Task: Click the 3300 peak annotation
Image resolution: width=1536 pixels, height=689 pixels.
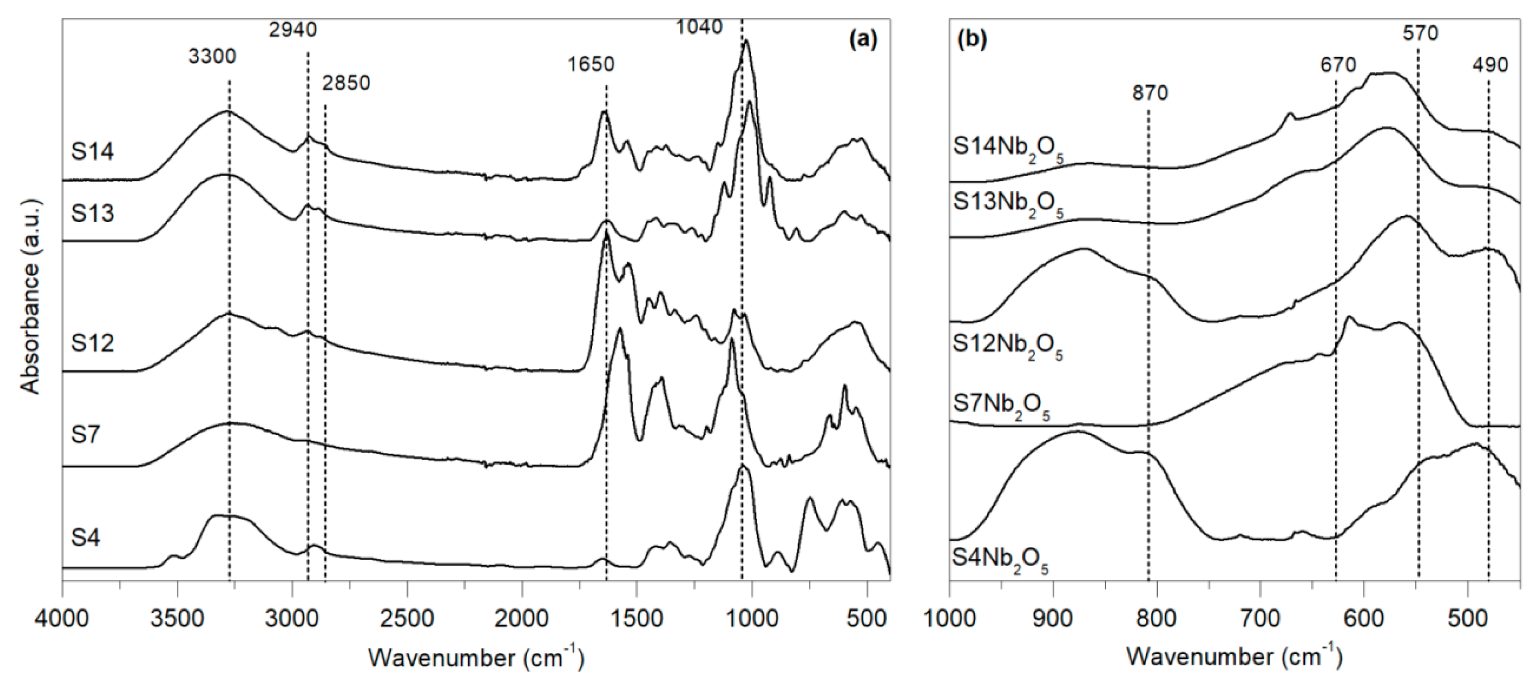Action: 212,57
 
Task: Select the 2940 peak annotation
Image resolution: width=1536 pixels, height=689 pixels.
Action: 292,29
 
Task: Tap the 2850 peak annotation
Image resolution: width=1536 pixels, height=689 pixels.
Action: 346,83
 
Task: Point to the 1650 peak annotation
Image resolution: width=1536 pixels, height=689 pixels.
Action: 590,64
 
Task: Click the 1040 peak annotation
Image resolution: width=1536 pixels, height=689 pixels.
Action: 699,27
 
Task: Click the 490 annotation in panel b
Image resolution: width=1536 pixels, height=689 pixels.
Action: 1489,64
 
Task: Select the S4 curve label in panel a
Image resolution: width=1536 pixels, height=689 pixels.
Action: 86,538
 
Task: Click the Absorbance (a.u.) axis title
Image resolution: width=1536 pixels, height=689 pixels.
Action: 30,296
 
